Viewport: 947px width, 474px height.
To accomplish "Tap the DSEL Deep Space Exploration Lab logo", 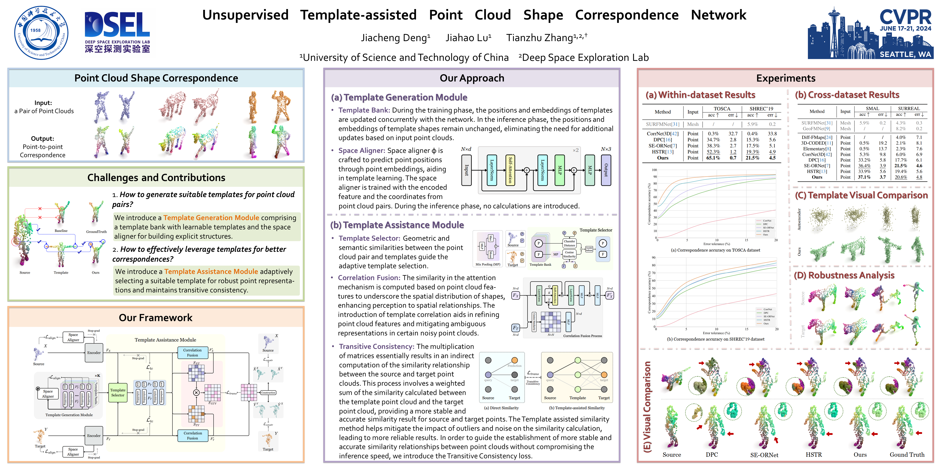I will coord(117,32).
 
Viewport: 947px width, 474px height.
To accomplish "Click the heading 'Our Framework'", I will coord(156,318).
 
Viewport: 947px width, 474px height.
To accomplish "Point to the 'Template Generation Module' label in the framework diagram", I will coord(69,415).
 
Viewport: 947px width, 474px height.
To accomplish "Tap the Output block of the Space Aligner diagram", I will coord(606,170).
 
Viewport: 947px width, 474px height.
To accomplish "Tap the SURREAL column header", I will coord(909,109).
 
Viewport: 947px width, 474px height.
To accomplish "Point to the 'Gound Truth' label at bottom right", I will coord(907,455).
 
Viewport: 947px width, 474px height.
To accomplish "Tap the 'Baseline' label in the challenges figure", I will coord(61,231).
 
